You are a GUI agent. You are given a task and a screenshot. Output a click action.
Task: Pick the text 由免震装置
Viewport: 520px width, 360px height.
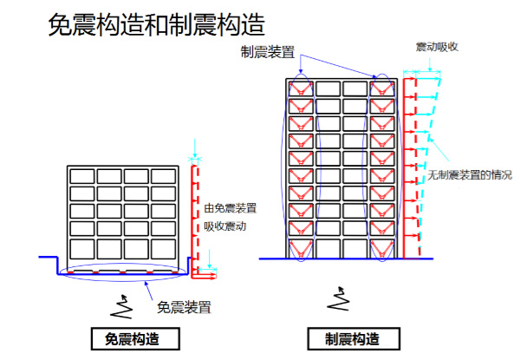[x=231, y=208]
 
